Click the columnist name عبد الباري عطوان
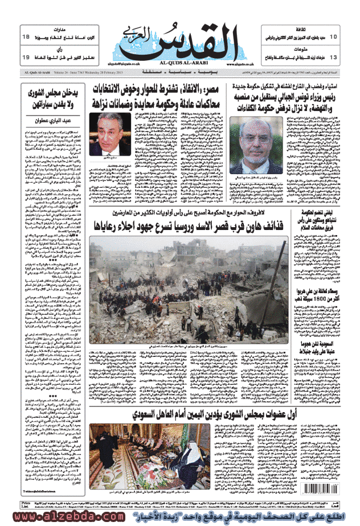click(x=50, y=120)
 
